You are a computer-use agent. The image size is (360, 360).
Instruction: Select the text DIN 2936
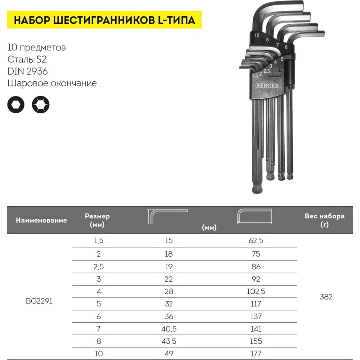[x=28, y=71]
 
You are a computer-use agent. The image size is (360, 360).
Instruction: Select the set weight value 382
[x=326, y=297]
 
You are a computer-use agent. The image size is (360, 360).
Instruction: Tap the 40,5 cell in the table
[x=168, y=329]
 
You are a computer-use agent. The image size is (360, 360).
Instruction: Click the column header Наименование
[x=41, y=220]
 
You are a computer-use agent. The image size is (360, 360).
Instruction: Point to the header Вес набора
[x=324, y=216]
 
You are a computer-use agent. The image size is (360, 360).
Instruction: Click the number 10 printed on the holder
[x=257, y=36]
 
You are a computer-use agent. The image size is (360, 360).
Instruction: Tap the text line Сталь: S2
[x=27, y=59]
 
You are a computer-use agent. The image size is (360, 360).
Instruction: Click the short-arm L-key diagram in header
[x=168, y=216]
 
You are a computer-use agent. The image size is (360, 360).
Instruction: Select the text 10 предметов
[x=36, y=48]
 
